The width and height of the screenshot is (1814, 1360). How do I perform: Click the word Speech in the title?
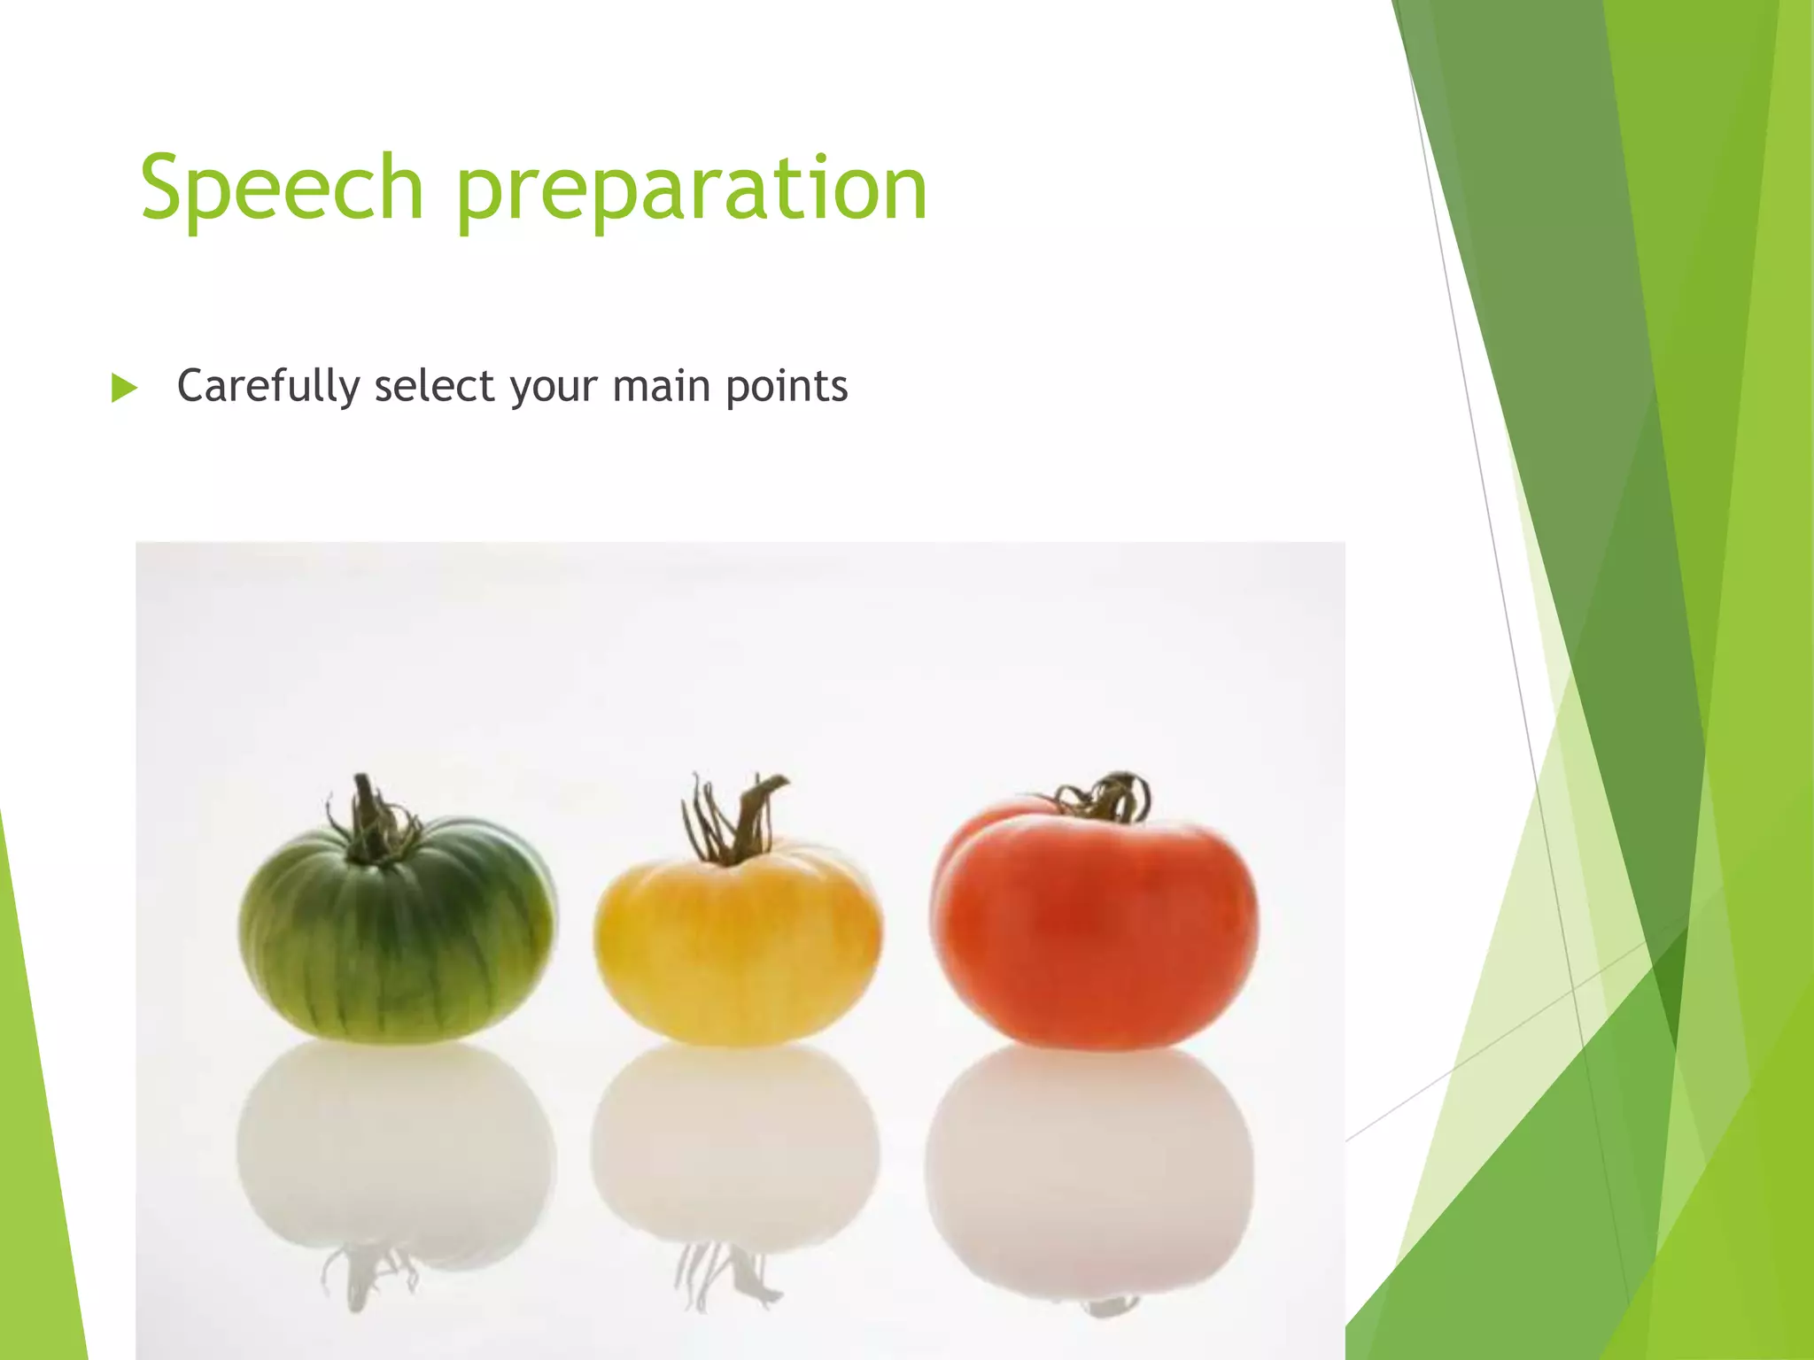pos(282,188)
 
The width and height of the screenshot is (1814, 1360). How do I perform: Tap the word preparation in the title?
pos(691,190)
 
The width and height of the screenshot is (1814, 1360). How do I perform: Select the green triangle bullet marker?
pos(124,388)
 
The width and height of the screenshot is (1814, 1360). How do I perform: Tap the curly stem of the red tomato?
pos(1107,797)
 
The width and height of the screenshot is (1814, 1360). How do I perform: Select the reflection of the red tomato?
pos(1089,1160)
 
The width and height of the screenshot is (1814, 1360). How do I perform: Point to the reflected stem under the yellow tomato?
pos(722,1275)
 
